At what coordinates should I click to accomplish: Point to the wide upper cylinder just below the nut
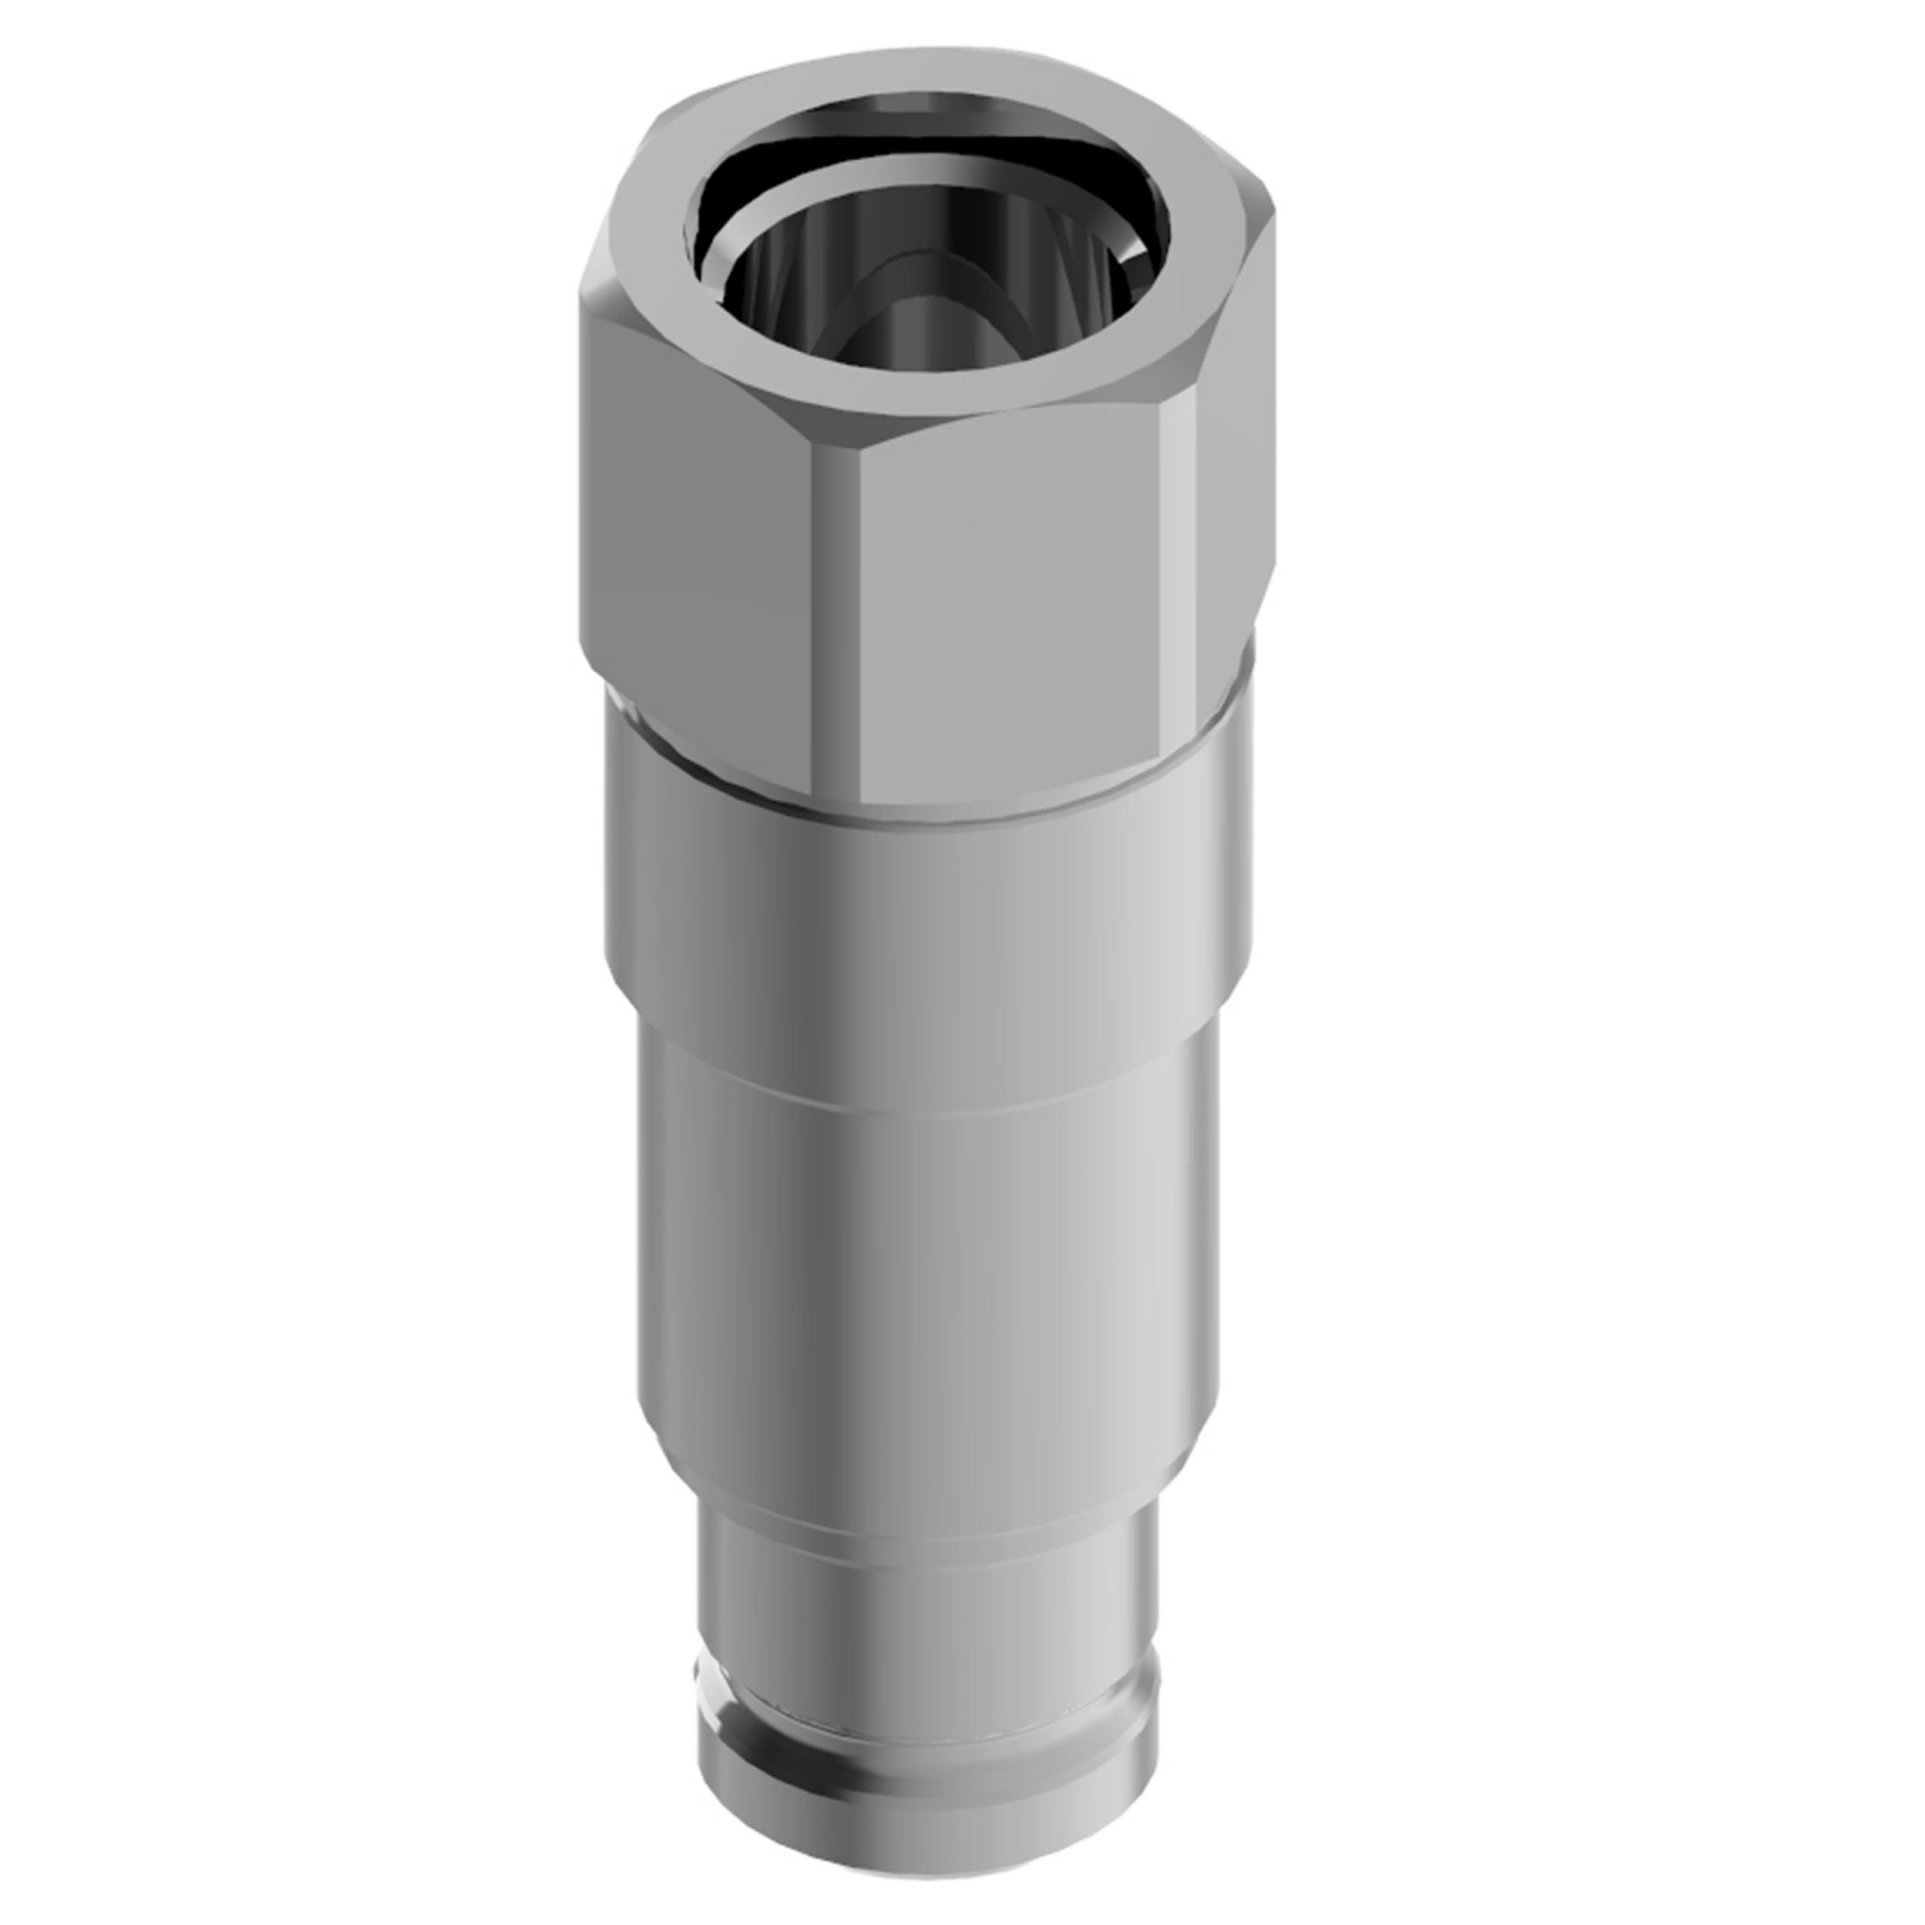click(x=926, y=897)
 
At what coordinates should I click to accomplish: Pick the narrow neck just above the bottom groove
click(x=926, y=1614)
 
